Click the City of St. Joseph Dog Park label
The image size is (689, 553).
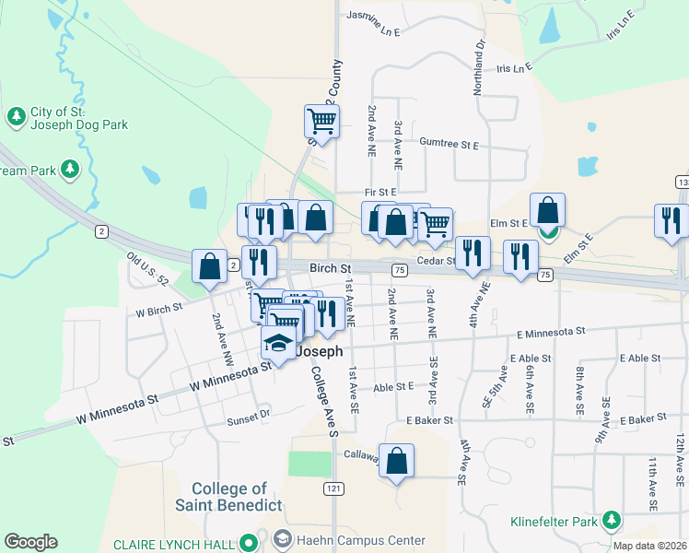[x=78, y=118]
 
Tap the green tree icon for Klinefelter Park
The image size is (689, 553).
[x=612, y=523]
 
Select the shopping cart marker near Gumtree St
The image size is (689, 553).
[x=321, y=121]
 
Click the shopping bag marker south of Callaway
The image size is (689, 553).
[x=396, y=461]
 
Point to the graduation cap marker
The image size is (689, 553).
[x=278, y=343]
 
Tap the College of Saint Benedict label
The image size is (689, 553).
[x=229, y=497]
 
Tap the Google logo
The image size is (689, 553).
[x=30, y=542]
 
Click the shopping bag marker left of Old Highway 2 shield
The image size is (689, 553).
[x=209, y=266]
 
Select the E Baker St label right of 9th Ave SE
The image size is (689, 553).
[x=643, y=419]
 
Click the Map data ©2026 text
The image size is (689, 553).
[x=649, y=546]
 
